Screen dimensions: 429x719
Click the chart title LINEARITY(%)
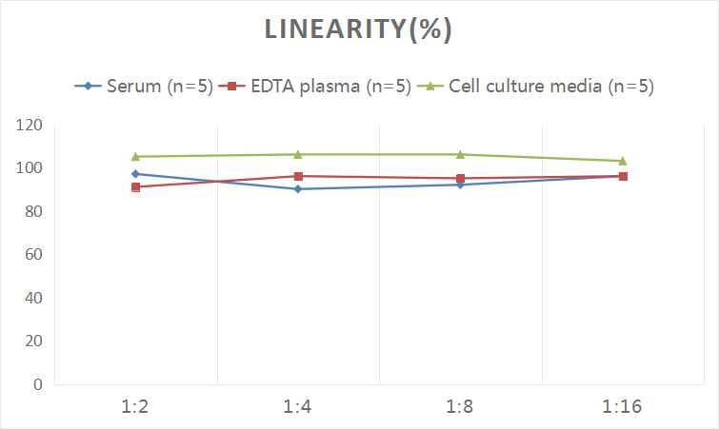pos(358,29)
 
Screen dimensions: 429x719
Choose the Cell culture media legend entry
pos(538,87)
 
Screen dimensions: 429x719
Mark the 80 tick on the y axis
pos(32,211)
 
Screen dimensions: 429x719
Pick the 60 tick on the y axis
pos(32,255)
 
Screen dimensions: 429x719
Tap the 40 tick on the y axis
pos(32,298)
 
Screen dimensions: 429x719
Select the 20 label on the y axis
pos(32,341)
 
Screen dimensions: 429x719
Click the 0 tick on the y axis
pos(37,384)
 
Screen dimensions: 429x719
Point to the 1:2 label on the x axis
pos(136,407)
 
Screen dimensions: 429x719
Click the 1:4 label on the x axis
pos(298,407)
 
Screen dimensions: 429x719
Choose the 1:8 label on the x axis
pos(460,407)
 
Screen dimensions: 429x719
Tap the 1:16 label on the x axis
pos(623,407)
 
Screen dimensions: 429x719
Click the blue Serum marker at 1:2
pos(136,174)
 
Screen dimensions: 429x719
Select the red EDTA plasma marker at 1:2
pos(136,187)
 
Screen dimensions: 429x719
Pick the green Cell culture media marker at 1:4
pos(298,154)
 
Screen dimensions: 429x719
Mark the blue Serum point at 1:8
pos(460,185)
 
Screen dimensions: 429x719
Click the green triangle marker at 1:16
pos(623,161)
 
